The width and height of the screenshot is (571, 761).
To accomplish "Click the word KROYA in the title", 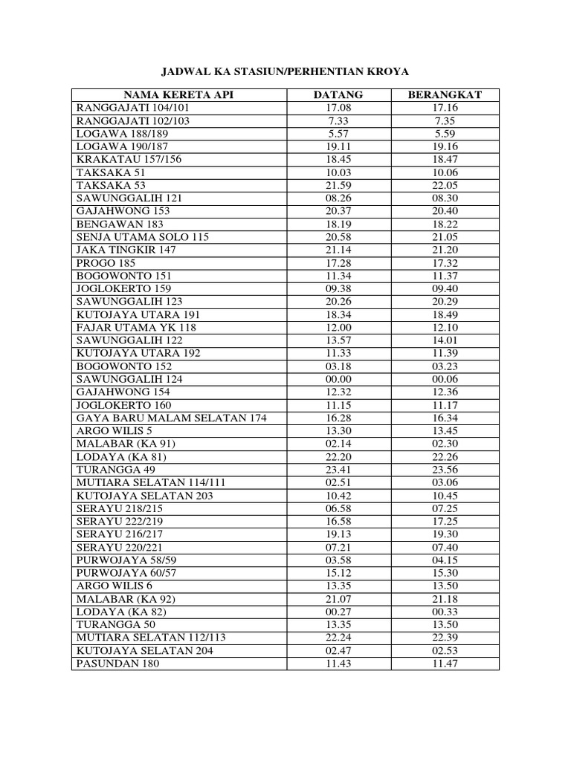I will (387, 71).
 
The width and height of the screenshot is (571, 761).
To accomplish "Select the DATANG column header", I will (338, 95).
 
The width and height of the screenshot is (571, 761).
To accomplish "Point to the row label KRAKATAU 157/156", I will (129, 160).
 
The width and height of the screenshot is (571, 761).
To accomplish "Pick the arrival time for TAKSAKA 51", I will (338, 172).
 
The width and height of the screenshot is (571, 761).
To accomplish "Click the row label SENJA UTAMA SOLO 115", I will (143, 237).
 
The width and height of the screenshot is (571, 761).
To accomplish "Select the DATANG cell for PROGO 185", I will (338, 263).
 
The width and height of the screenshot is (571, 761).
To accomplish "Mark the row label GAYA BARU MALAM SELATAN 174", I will (171, 418).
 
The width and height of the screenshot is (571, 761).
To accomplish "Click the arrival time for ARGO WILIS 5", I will (338, 431).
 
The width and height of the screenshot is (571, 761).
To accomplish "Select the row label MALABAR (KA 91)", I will (126, 444).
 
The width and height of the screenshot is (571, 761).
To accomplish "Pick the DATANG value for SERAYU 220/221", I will (338, 547).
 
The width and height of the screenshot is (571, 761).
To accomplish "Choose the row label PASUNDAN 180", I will (117, 663).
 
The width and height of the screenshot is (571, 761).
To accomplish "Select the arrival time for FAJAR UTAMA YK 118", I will (338, 328).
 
